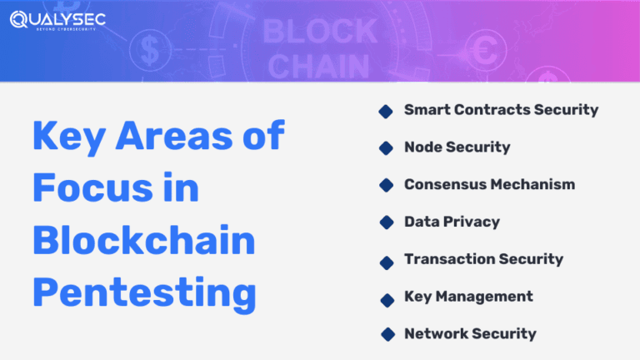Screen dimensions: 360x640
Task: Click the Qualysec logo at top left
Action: pyautogui.click(x=51, y=18)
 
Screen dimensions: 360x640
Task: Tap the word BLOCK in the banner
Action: pyautogui.click(x=321, y=32)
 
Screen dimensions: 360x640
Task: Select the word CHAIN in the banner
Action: pyautogui.click(x=321, y=65)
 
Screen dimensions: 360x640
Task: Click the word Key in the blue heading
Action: pyautogui.click(x=69, y=137)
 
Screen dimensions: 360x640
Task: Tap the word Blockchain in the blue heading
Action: pyautogui.click(x=144, y=242)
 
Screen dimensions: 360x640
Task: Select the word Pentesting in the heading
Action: pyautogui.click(x=144, y=294)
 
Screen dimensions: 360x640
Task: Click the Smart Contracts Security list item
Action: pyautogui.click(x=501, y=109)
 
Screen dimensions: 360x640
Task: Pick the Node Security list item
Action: pyautogui.click(x=457, y=147)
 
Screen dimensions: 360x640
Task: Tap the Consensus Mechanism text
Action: pyautogui.click(x=489, y=184)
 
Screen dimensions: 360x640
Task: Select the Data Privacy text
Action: pyautogui.click(x=452, y=222)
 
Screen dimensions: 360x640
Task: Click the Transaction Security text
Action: pyautogui.click(x=483, y=259)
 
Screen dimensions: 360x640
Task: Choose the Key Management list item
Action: pyautogui.click(x=468, y=296)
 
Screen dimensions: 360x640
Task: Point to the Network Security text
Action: pyautogui.click(x=470, y=333)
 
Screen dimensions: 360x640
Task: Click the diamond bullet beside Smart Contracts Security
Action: pyautogui.click(x=386, y=111)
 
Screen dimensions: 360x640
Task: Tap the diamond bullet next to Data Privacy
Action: pyautogui.click(x=386, y=222)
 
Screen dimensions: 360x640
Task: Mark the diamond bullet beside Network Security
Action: pyautogui.click(x=386, y=334)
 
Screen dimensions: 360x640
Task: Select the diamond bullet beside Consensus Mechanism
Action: pyautogui.click(x=386, y=185)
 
